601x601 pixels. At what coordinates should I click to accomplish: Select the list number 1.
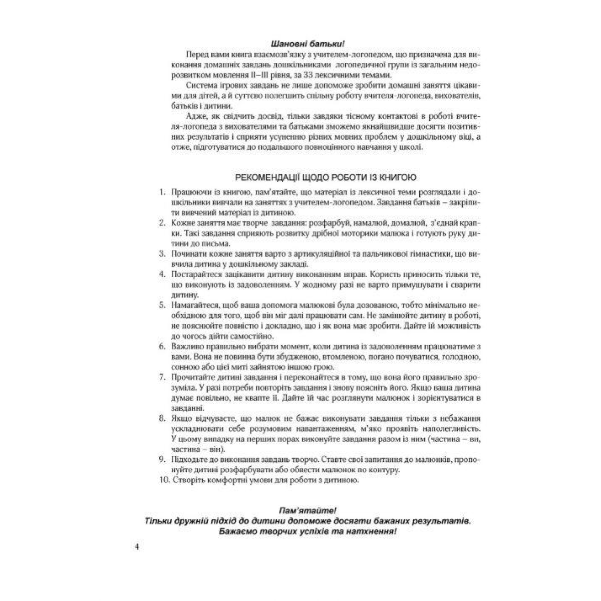pos(162,192)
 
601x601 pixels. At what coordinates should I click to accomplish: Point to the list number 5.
pos(162,305)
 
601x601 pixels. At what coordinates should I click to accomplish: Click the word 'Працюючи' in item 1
pos(190,192)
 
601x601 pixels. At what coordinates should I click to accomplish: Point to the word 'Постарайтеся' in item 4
pos(195,274)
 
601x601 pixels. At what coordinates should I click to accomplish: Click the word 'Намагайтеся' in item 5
pos(195,305)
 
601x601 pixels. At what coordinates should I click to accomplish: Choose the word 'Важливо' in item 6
pos(186,346)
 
